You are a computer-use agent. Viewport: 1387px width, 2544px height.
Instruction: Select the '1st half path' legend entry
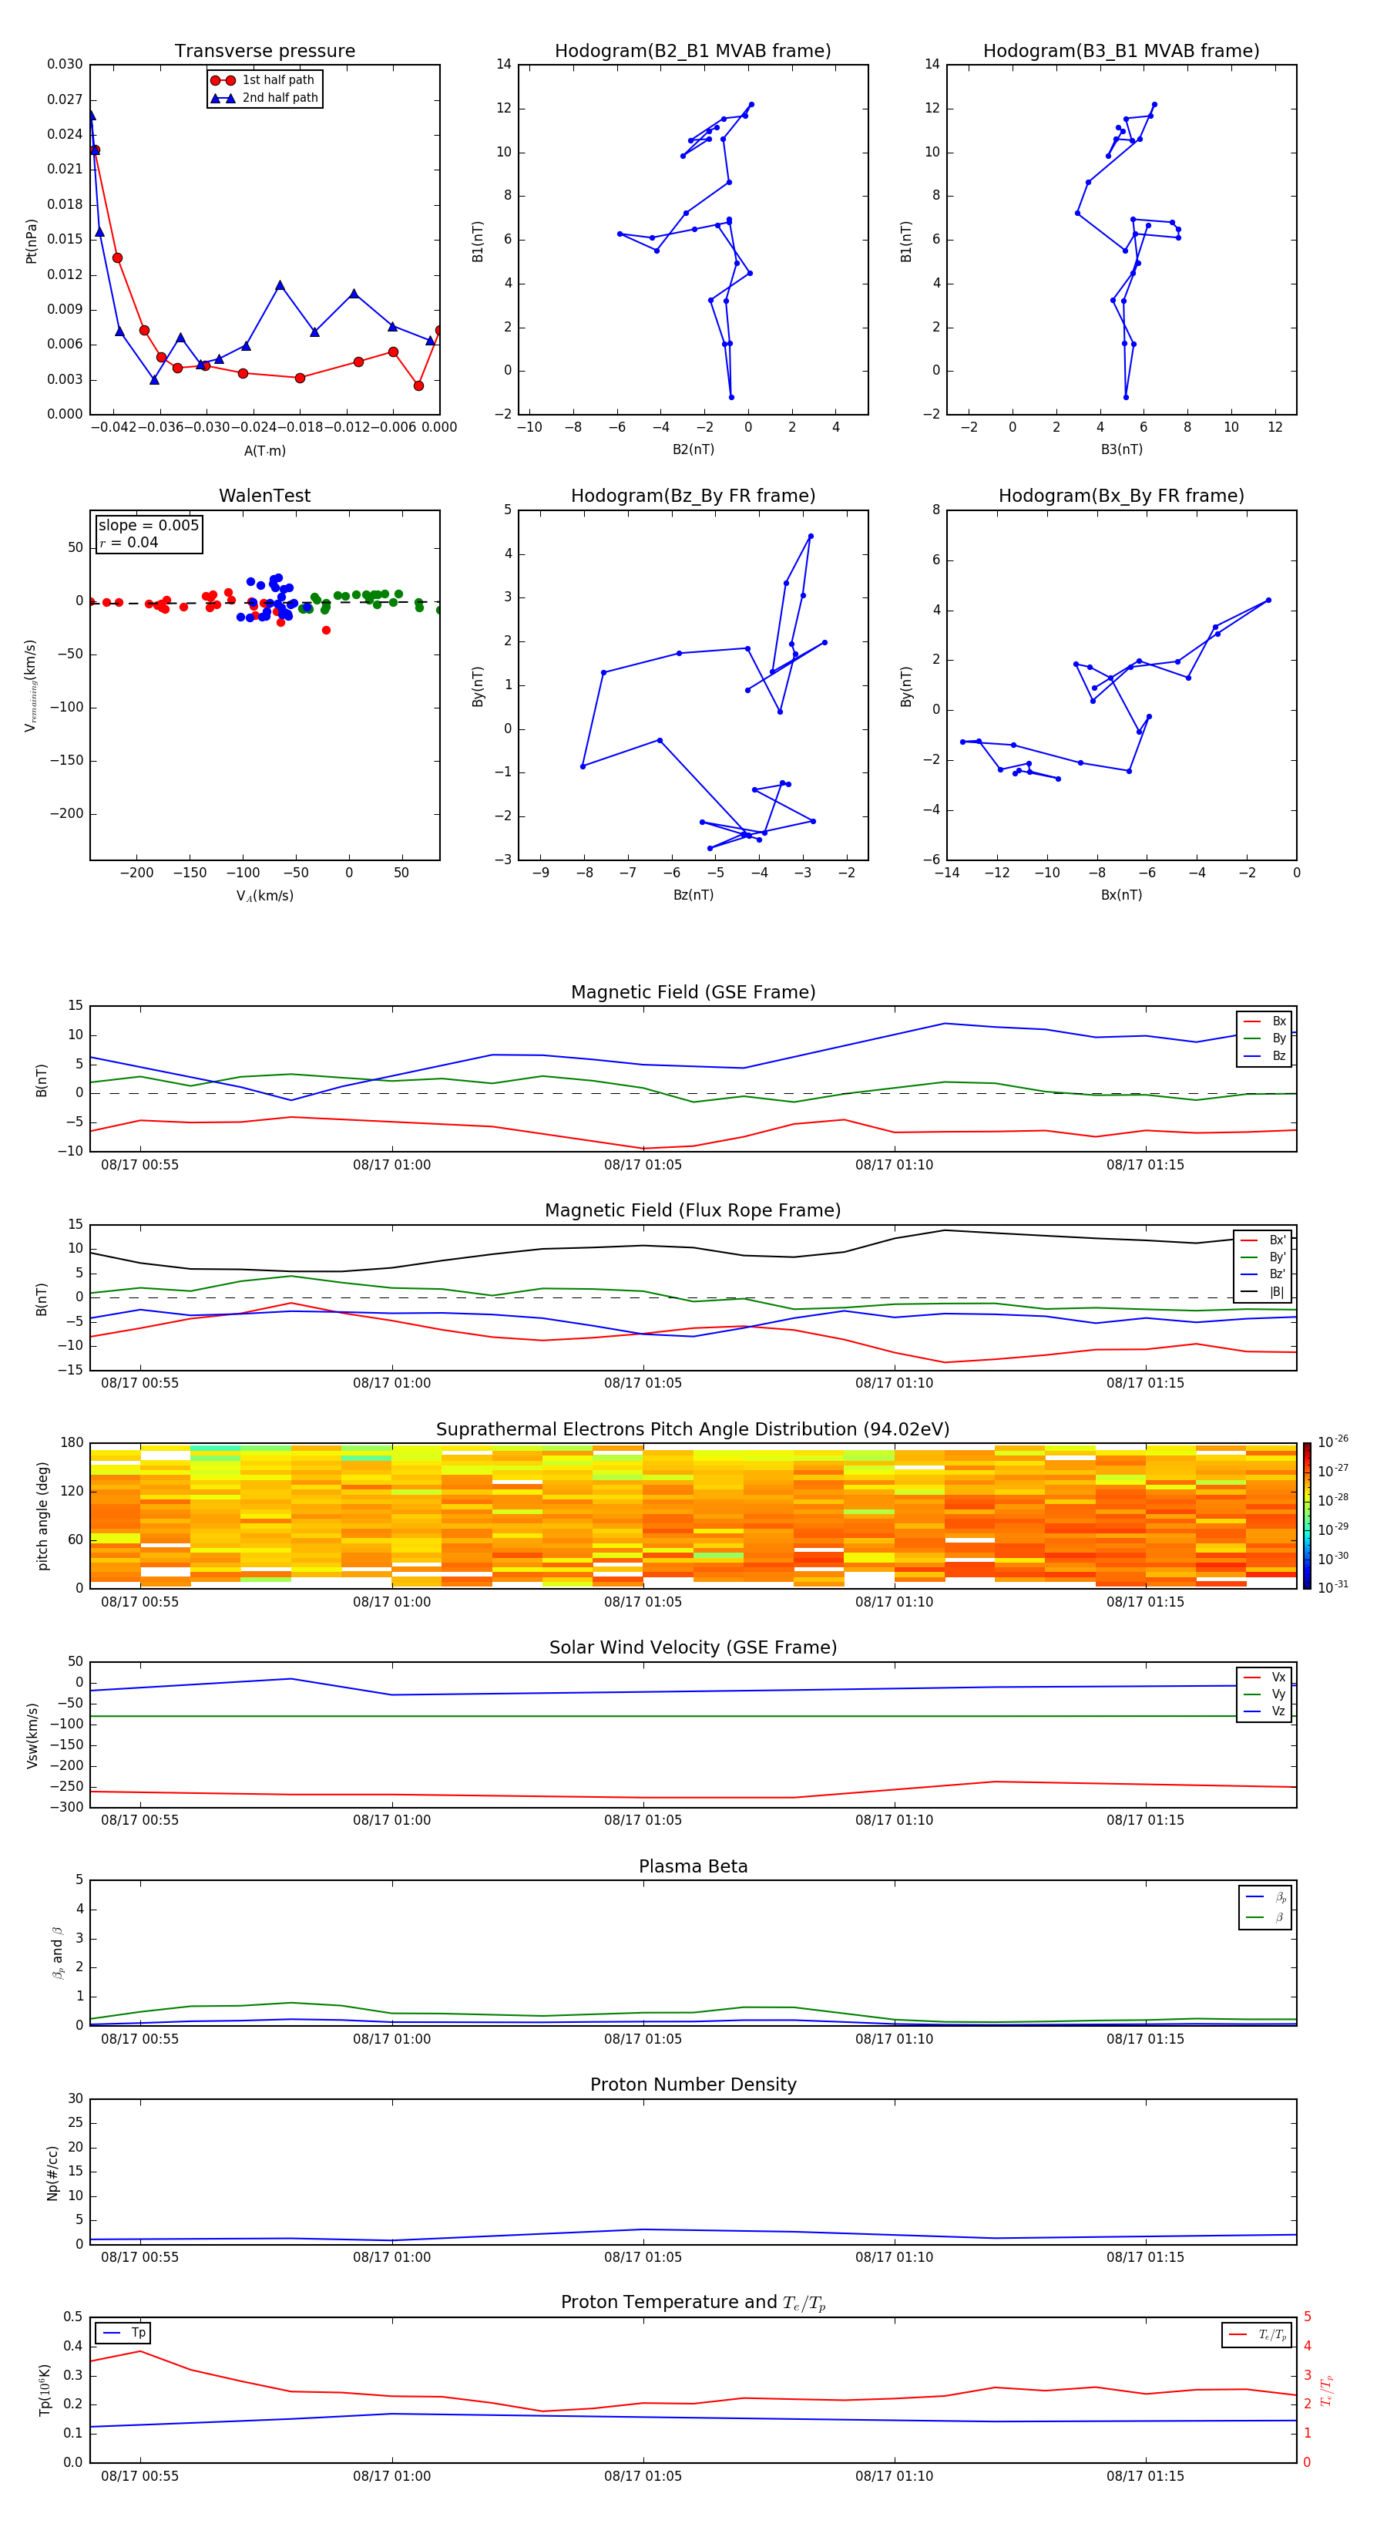(x=277, y=80)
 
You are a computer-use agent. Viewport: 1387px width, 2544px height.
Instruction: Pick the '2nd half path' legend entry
(x=280, y=98)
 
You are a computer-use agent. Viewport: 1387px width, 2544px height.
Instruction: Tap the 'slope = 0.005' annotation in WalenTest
(x=148, y=526)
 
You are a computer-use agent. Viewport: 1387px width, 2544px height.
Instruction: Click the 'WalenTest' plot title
(x=264, y=496)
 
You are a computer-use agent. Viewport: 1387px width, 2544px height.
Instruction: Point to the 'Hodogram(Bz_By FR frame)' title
(x=693, y=496)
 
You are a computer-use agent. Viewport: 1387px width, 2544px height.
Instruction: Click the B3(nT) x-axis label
(x=1121, y=449)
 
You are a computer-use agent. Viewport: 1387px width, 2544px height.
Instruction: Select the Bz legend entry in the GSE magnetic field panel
(x=1278, y=1055)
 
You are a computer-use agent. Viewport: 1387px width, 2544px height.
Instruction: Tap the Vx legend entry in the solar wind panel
(x=1278, y=1677)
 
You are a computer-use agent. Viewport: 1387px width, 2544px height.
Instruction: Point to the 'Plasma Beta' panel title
(x=693, y=1866)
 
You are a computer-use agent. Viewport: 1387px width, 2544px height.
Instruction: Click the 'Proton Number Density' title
(x=693, y=2085)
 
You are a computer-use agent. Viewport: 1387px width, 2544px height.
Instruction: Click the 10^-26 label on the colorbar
(x=1333, y=1441)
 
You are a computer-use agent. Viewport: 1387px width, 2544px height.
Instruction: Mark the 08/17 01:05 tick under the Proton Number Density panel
(x=643, y=2256)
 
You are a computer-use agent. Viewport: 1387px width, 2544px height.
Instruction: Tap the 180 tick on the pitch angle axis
(x=72, y=1443)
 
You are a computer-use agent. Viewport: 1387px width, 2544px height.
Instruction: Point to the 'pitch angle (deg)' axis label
(x=42, y=1516)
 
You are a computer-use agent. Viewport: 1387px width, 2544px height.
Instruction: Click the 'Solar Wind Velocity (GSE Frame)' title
(x=693, y=1647)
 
